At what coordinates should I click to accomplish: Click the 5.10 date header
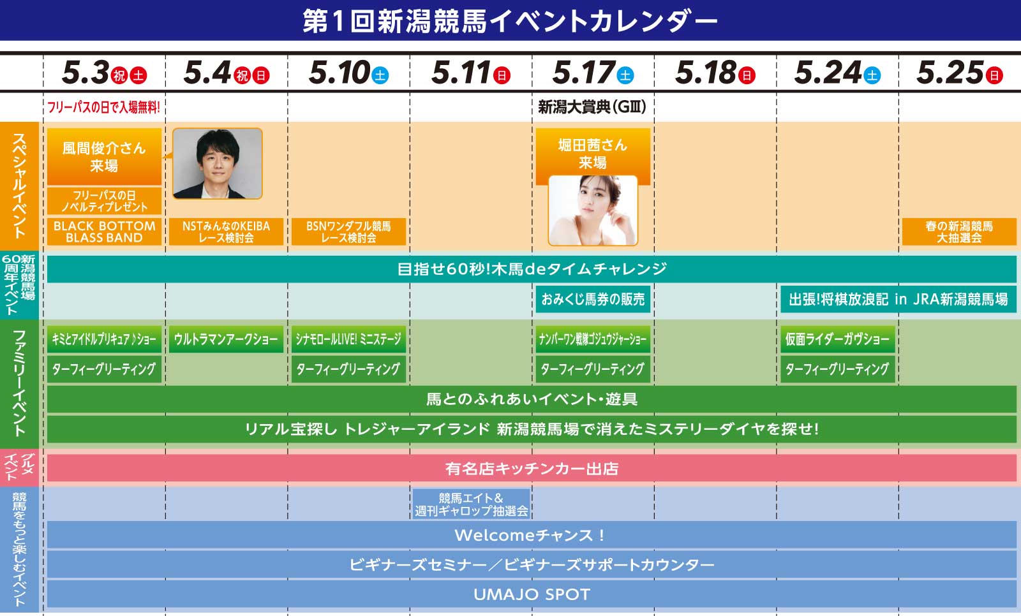[348, 73]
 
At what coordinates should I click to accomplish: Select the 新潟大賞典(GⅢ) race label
[592, 107]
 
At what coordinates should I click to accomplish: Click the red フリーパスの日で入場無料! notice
[104, 108]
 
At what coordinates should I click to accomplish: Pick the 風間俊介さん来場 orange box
[105, 157]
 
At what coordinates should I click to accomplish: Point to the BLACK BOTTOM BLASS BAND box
[105, 232]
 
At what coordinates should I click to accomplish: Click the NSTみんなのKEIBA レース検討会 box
[226, 232]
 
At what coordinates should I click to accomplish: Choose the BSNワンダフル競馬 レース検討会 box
[348, 232]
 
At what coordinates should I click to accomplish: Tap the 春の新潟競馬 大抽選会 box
[959, 232]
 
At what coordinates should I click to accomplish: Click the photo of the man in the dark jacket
[218, 164]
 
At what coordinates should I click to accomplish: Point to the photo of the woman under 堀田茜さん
[593, 210]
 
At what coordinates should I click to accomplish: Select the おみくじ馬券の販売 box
[593, 299]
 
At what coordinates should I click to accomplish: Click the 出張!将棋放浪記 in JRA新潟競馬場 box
[898, 299]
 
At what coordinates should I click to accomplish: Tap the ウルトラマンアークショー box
[226, 339]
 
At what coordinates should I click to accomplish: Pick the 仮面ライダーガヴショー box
[838, 339]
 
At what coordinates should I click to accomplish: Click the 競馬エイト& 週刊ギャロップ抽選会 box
[472, 504]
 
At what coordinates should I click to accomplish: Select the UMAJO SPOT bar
[532, 594]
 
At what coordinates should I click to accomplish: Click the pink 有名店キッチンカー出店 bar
[532, 469]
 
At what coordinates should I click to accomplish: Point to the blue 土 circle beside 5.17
[625, 75]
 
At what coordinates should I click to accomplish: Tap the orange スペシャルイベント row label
[19, 186]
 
